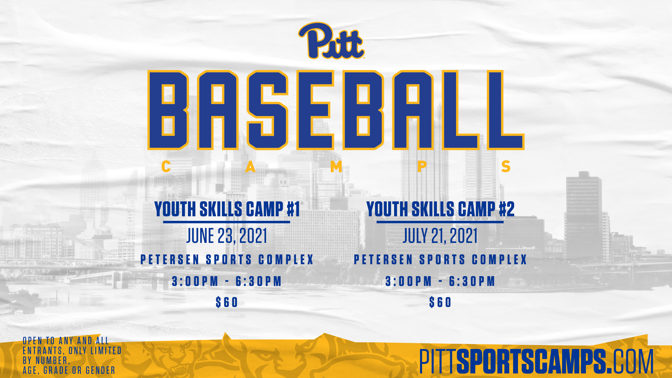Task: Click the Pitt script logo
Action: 331,41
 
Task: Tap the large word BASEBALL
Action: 336,110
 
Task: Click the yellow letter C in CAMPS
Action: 166,167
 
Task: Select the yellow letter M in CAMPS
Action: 336,167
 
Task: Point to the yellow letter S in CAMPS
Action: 506,167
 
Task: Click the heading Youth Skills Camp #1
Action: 227,209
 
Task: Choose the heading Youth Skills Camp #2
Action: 440,209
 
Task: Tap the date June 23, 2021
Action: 227,236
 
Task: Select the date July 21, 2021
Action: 440,236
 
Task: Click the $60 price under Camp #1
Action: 227,302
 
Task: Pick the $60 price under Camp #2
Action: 440,302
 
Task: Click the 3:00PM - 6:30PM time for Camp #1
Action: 227,281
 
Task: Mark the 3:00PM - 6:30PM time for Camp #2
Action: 440,281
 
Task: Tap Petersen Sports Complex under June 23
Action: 227,260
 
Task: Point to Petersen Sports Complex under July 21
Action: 440,260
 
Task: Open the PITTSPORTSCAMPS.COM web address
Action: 537,361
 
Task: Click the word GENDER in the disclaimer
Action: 100,370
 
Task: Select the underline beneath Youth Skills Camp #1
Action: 226,222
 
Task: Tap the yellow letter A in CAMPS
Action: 250,167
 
